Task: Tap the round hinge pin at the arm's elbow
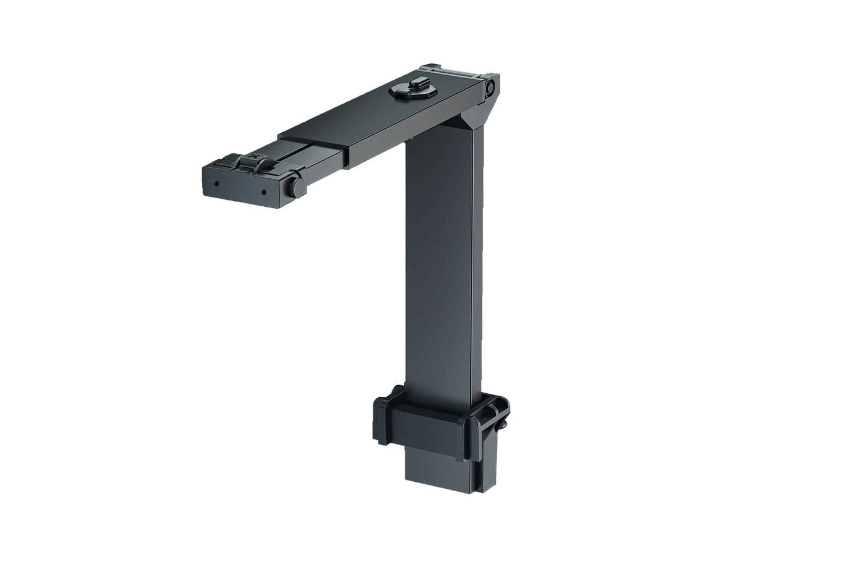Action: tap(490, 87)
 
